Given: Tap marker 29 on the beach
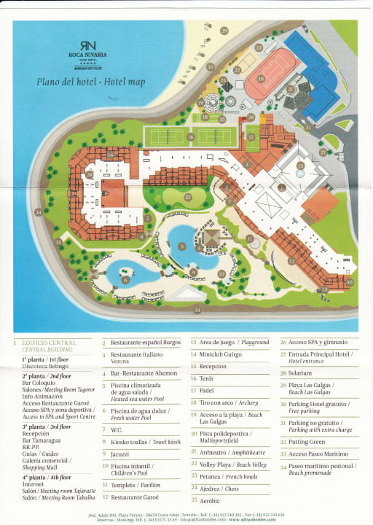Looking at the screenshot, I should (x=224, y=31).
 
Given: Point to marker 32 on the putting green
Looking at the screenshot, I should (x=188, y=197).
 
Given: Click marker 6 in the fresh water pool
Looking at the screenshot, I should (x=125, y=279).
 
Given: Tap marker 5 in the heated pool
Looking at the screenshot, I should (x=181, y=246).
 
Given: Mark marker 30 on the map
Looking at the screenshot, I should (x=349, y=282).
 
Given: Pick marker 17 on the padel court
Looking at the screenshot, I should (x=251, y=136).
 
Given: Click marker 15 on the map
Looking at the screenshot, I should (x=300, y=166).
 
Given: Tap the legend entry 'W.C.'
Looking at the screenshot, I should (x=117, y=430).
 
